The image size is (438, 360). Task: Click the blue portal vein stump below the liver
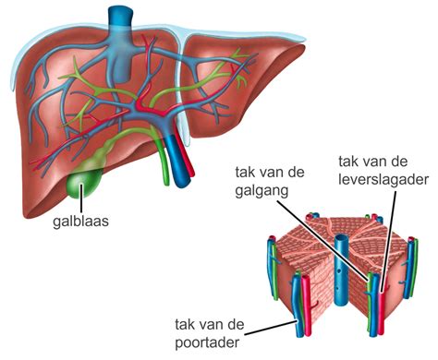(x=180, y=171)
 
